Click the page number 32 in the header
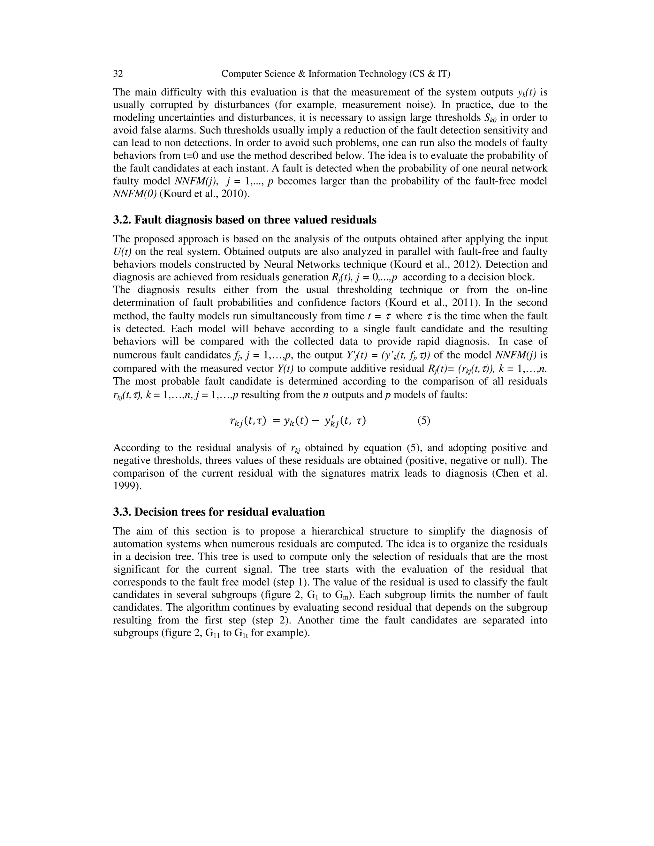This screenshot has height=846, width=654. (118, 74)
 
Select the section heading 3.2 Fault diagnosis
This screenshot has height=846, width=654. (245, 220)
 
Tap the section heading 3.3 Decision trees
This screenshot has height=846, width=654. (219, 512)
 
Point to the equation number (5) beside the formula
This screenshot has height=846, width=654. (423, 420)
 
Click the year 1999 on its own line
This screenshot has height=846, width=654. (125, 486)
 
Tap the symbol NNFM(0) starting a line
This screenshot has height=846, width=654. (134, 194)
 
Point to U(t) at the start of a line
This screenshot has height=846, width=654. (122, 252)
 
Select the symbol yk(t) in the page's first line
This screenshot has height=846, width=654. (527, 93)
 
